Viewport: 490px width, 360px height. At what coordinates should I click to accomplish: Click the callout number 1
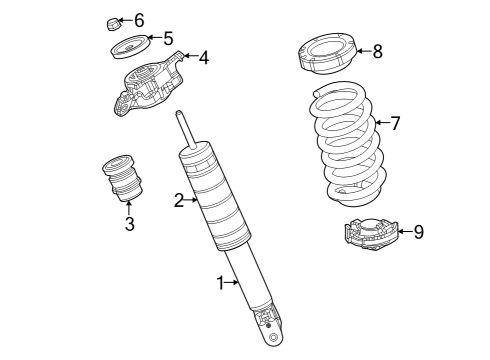(221, 283)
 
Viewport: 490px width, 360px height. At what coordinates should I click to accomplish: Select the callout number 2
(179, 200)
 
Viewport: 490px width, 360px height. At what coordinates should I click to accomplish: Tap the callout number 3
(129, 224)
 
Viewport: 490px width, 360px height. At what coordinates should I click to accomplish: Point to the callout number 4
(203, 58)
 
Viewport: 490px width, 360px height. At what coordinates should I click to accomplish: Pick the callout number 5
(167, 39)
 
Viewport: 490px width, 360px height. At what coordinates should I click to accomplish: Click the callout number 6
(138, 20)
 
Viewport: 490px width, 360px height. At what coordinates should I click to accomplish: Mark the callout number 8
(377, 51)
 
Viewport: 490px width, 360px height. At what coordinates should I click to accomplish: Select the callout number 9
(418, 232)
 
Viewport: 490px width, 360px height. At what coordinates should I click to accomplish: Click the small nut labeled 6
(113, 21)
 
